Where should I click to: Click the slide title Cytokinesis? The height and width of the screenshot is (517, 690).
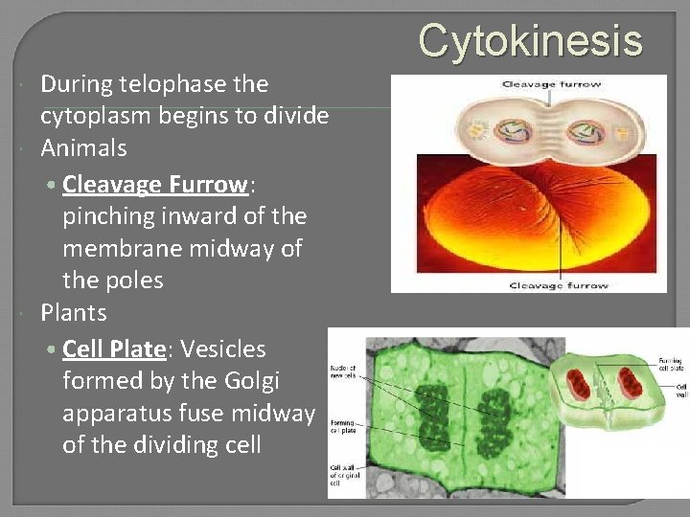point(530,41)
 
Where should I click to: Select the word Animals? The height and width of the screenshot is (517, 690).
point(83,148)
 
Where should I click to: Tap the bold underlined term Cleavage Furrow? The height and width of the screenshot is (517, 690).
point(155,184)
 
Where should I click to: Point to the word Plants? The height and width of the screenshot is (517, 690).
point(74,313)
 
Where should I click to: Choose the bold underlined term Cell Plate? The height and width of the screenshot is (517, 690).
point(114,348)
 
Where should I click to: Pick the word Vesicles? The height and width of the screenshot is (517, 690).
point(223,348)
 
